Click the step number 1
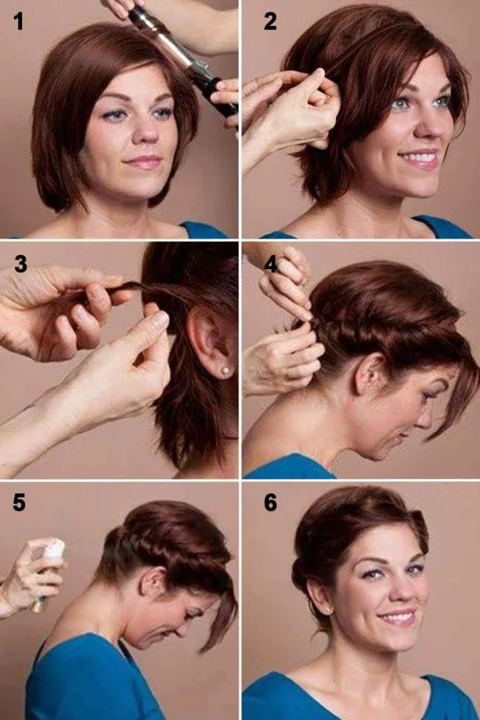(18, 22)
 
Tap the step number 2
(270, 22)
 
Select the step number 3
(20, 264)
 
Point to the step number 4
(270, 264)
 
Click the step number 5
(19, 503)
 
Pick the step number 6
(270, 503)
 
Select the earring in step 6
(329, 609)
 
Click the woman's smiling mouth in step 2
(419, 158)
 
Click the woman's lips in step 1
(142, 161)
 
